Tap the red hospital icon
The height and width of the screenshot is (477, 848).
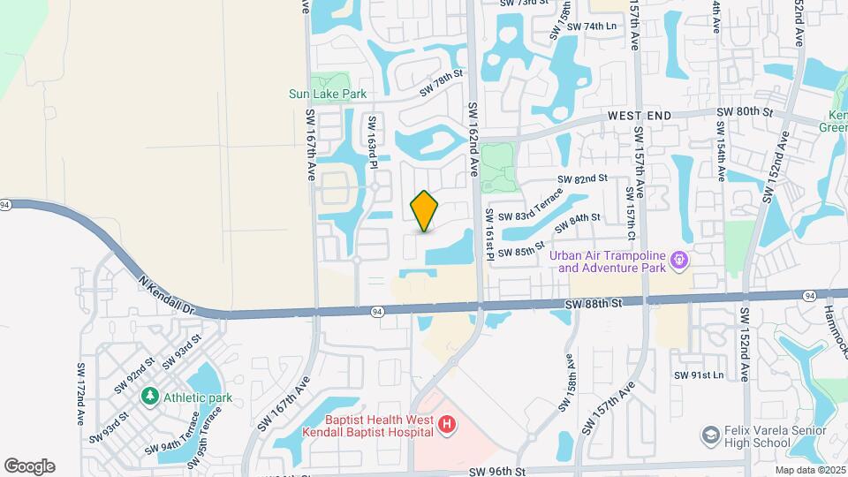(x=447, y=426)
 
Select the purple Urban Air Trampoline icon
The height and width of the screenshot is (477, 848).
(x=678, y=261)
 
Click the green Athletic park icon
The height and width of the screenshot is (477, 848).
(x=149, y=397)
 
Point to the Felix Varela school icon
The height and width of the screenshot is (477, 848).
(x=710, y=435)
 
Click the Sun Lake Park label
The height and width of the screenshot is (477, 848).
(x=327, y=94)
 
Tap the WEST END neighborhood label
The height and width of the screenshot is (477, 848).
(x=640, y=116)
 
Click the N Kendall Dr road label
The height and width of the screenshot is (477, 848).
(x=166, y=294)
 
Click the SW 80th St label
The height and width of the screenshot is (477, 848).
(x=744, y=112)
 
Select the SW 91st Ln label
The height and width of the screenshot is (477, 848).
(x=699, y=375)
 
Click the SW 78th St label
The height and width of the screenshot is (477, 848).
(x=441, y=84)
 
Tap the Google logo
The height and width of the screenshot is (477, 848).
(x=29, y=466)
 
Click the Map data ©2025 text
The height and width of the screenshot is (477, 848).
(x=810, y=469)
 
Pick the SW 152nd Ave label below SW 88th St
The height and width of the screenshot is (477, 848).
(x=746, y=344)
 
